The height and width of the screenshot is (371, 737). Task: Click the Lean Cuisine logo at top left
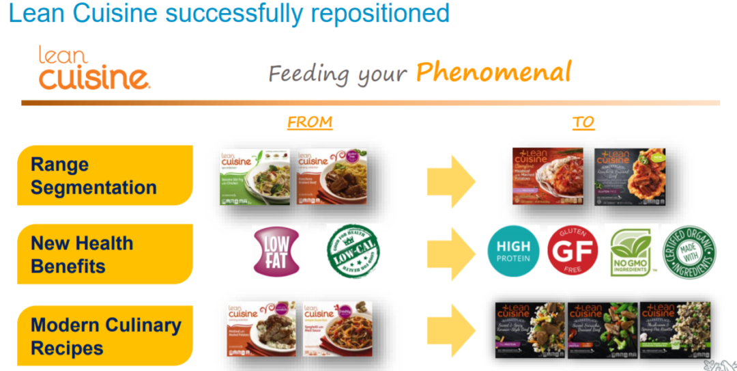(x=93, y=68)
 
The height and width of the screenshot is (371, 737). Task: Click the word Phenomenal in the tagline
(x=493, y=72)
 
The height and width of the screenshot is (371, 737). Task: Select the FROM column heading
(x=310, y=122)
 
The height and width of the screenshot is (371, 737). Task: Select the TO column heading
(x=583, y=122)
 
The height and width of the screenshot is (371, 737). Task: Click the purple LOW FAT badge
(x=276, y=251)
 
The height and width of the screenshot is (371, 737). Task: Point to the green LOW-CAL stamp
(x=353, y=251)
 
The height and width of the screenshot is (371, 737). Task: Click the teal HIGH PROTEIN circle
(x=513, y=251)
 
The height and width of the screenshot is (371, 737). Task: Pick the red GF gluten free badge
(x=573, y=251)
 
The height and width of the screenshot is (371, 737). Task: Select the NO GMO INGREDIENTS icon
(x=631, y=251)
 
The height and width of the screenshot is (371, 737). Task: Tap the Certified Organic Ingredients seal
(x=690, y=251)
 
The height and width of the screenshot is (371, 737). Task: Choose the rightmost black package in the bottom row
(x=675, y=329)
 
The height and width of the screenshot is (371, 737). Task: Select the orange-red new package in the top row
(x=548, y=176)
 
